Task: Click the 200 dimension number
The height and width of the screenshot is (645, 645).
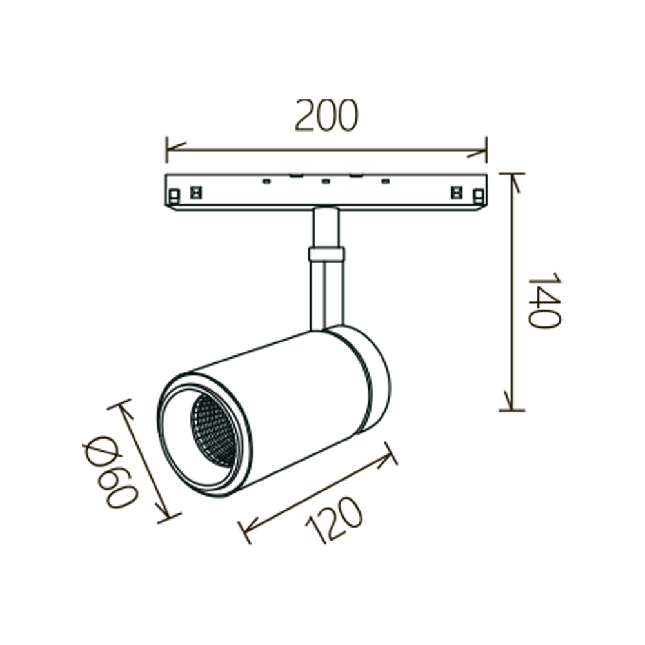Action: coord(327,115)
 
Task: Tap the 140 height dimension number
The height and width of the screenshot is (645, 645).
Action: coord(544,299)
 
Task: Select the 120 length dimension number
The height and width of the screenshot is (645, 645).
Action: coord(334,519)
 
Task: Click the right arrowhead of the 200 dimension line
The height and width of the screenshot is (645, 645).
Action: coord(477,153)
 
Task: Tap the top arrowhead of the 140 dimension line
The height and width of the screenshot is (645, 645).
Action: coord(514,183)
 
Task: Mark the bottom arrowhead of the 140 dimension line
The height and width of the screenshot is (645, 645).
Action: coord(510,401)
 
